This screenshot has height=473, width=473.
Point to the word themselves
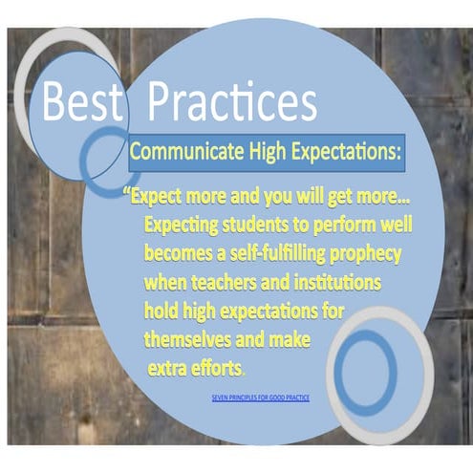191,339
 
